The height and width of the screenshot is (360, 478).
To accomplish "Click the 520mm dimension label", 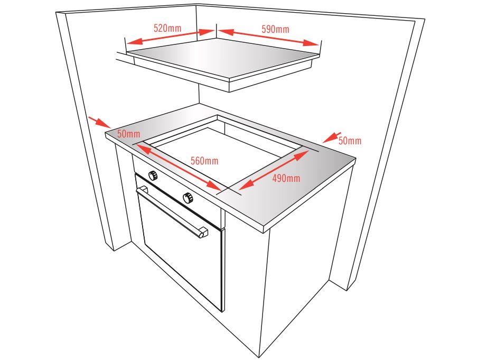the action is coord(167,29).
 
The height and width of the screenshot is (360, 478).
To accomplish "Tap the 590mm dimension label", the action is coord(275,29).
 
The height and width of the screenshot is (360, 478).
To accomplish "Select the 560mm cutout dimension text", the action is coord(204,161).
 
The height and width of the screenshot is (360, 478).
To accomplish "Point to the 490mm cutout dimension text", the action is coord(286,178).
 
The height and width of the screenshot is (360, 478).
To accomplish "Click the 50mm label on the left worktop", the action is coord(129,134).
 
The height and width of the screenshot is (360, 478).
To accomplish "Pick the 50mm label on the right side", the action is coord(350,141).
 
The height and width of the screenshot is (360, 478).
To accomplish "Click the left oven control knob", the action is coord(153,176).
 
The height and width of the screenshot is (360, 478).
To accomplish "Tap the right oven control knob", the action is coord(188,198).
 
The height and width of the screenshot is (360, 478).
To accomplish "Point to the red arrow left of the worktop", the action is coord(99,122).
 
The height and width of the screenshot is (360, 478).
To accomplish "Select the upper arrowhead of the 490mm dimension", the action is coord(299,155).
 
